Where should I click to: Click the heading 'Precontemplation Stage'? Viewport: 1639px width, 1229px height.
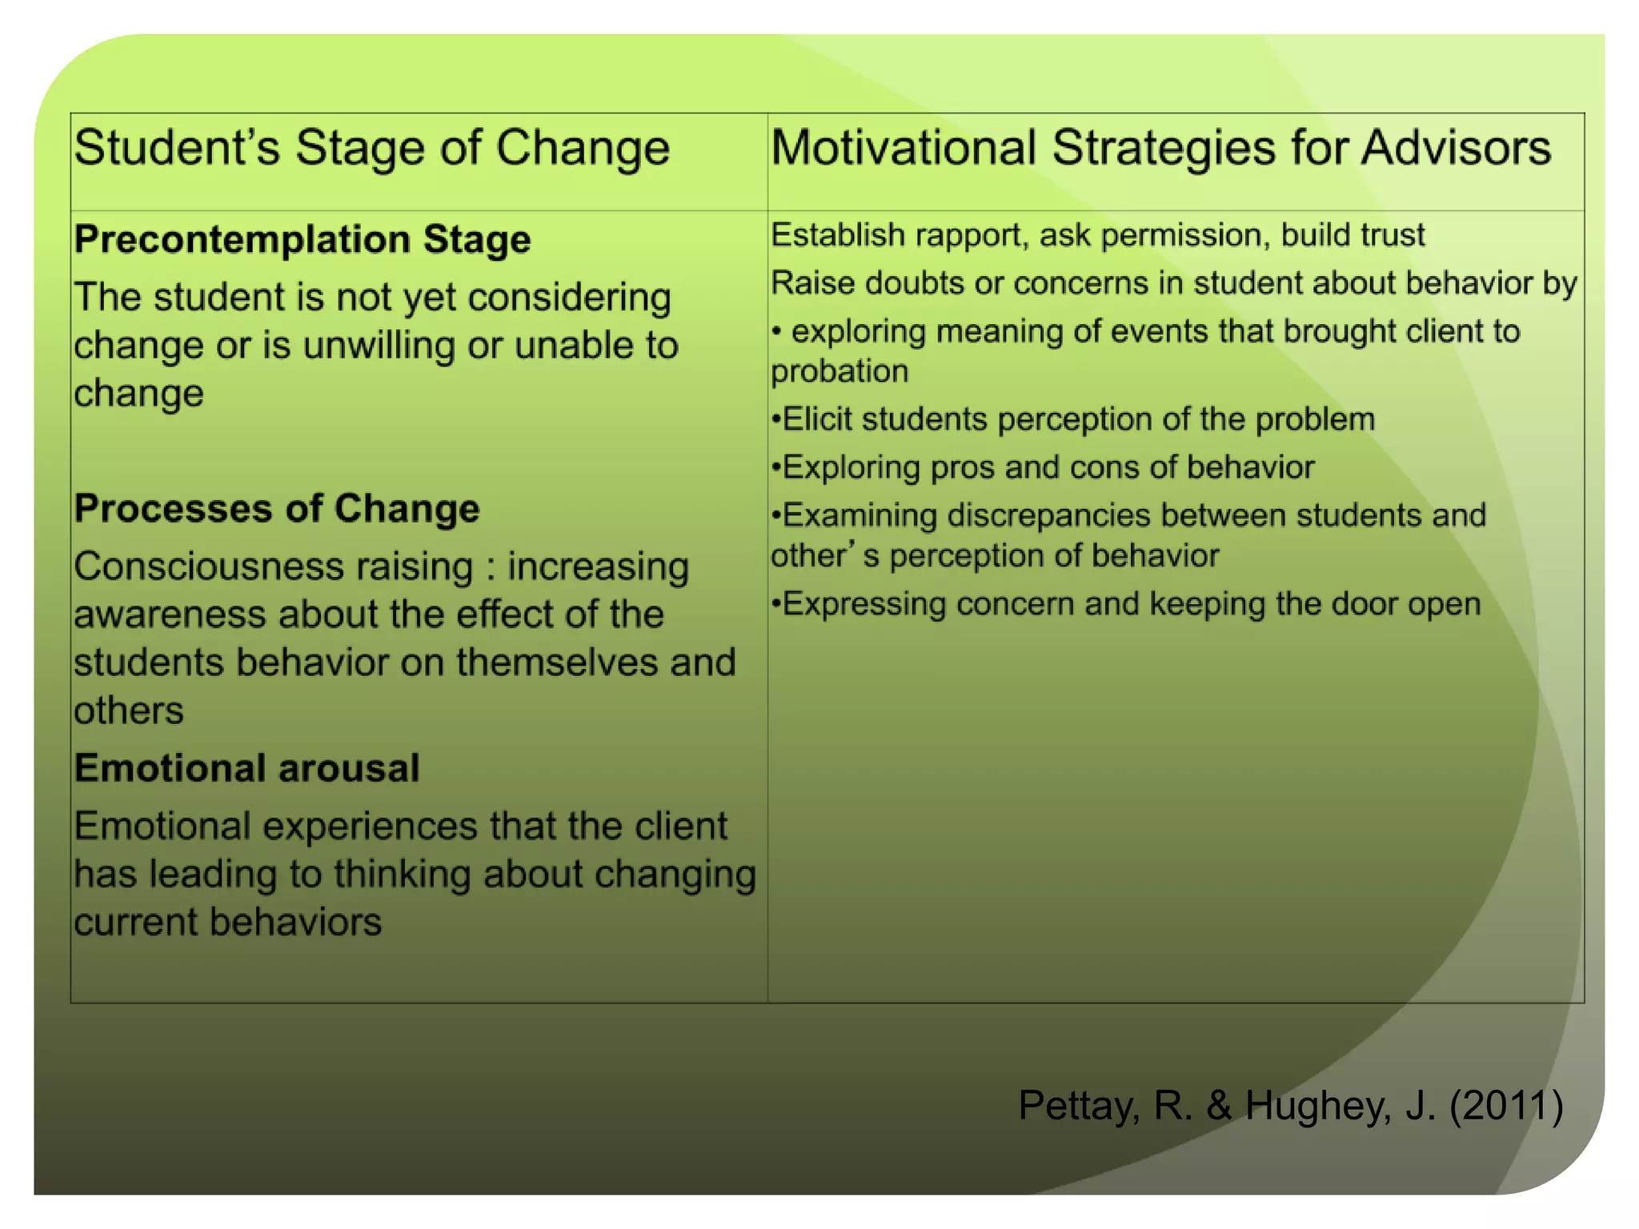tap(302, 239)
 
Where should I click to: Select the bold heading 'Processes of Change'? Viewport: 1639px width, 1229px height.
tap(276, 509)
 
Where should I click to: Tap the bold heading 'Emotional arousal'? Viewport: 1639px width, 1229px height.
tap(246, 768)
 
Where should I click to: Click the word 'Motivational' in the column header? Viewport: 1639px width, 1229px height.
tap(904, 148)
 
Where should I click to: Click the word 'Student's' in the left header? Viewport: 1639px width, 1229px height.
tap(177, 148)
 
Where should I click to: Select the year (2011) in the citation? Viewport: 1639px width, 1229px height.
tap(1505, 1106)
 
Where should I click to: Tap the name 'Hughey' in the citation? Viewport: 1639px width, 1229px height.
tap(1317, 1106)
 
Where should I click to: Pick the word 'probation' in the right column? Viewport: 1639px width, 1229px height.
tap(840, 371)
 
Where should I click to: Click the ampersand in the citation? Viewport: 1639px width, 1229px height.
tap(1219, 1106)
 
